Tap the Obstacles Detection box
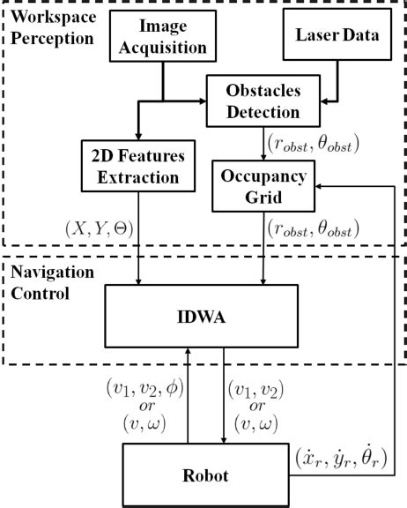tap(263, 101)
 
